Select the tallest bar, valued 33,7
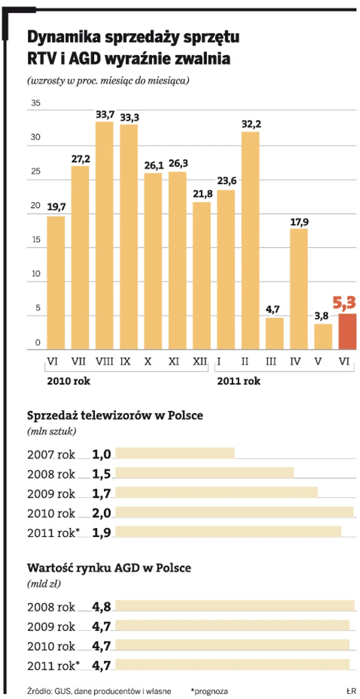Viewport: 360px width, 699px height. pyautogui.click(x=104, y=235)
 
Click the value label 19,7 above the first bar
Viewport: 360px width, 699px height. pyautogui.click(x=56, y=207)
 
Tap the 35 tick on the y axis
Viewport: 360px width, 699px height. pyautogui.click(x=35, y=103)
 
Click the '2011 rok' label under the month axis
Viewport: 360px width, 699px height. pyautogui.click(x=239, y=381)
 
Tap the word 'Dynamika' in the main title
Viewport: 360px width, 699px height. pyautogui.click(x=63, y=38)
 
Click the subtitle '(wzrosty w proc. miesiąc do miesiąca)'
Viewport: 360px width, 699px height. pyautogui.click(x=108, y=81)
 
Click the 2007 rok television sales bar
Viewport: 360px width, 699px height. pyautogui.click(x=175, y=453)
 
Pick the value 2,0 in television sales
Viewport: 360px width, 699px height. pyautogui.click(x=102, y=513)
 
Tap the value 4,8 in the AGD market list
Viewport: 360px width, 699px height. pyautogui.click(x=102, y=606)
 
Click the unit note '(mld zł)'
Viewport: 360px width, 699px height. pyautogui.click(x=44, y=584)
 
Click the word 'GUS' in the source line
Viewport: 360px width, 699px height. pyautogui.click(x=61, y=691)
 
